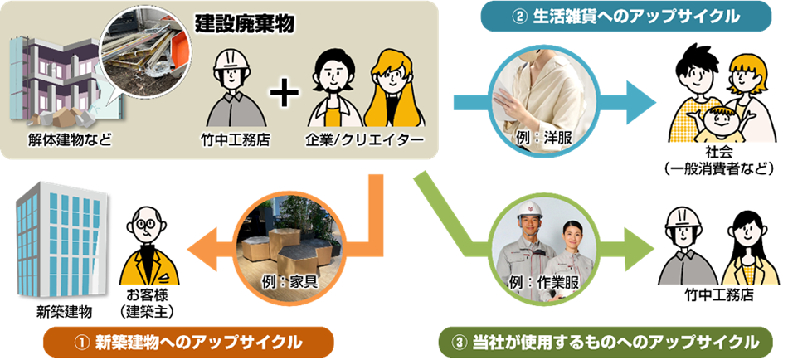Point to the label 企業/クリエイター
tap(366, 139)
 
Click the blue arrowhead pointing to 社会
tap(638, 103)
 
